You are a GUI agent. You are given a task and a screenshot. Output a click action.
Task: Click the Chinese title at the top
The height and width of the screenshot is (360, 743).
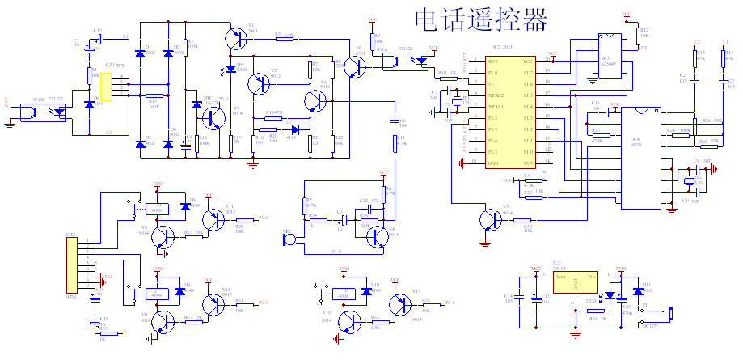(480, 19)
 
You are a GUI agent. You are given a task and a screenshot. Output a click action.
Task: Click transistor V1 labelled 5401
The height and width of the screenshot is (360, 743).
(237, 36)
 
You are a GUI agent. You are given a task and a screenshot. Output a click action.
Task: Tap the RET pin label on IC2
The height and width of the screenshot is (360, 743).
(493, 61)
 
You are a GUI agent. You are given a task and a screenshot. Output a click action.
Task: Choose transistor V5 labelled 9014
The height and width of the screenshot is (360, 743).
(488, 221)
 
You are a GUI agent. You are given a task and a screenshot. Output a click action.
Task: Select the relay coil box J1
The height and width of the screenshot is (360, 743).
(157, 209)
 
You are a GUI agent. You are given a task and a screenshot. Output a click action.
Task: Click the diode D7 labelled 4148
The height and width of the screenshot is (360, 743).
(294, 128)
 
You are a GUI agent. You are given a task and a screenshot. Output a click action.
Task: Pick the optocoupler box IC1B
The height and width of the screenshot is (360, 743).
(35, 111)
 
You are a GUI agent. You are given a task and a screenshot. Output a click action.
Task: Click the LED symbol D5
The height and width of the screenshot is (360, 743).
(231, 67)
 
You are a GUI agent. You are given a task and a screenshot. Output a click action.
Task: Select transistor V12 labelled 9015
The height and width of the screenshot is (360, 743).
(215, 303)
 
